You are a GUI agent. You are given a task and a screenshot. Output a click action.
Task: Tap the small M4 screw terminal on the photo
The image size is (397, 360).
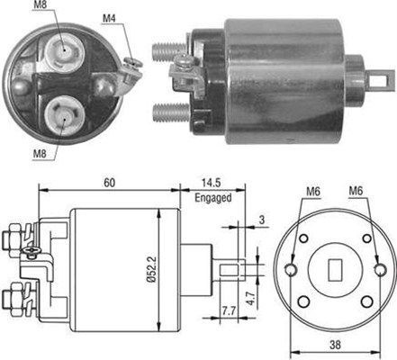point(131,62)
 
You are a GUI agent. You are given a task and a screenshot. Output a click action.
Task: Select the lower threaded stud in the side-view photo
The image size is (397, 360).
point(168,112)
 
